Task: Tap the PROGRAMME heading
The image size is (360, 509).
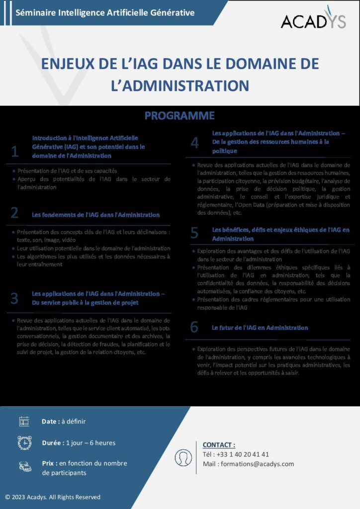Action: click(x=180, y=116)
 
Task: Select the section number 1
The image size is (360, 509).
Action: click(x=15, y=151)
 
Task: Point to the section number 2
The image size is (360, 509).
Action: click(x=15, y=213)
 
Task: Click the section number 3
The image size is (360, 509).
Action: click(x=15, y=298)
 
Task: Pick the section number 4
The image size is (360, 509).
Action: click(x=195, y=143)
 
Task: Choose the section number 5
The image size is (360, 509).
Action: click(x=195, y=232)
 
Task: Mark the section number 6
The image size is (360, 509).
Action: click(x=194, y=327)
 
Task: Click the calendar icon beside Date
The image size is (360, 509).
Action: click(x=24, y=422)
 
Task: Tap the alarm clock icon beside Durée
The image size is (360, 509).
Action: click(x=24, y=442)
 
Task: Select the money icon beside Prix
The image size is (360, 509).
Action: click(x=24, y=466)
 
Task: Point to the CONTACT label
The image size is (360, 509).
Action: click(x=219, y=445)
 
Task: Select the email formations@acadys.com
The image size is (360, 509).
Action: click(x=258, y=464)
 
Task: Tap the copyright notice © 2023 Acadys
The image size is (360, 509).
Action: click(x=53, y=497)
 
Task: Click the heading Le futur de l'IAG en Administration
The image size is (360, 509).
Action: click(x=260, y=328)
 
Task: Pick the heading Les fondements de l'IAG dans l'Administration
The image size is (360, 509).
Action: click(x=96, y=215)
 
